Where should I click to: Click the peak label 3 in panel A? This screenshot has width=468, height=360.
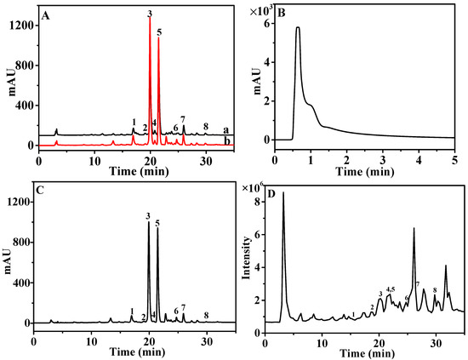[x=150, y=14]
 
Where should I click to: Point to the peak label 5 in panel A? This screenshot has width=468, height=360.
[x=159, y=32]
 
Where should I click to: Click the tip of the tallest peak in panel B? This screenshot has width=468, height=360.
[x=298, y=27]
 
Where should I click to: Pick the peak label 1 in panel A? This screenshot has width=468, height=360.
[x=134, y=122]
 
